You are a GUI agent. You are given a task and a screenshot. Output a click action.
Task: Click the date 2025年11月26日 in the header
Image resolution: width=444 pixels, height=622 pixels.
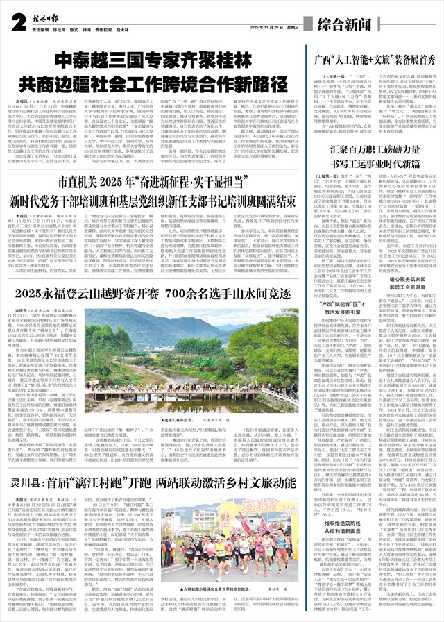(270, 27)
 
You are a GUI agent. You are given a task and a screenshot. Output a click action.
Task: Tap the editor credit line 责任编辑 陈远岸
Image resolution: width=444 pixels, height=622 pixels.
(51, 31)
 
